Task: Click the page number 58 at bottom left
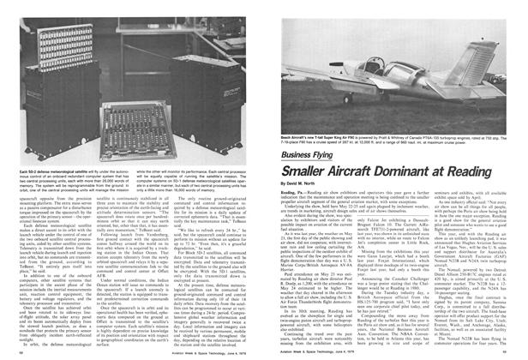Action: point(13,352)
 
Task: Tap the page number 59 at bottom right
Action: point(514,352)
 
